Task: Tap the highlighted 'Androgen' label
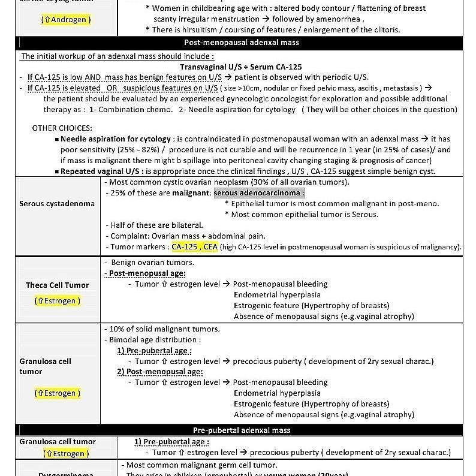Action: pos(67,20)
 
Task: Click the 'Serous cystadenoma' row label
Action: pos(57,203)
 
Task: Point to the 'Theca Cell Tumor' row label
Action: pos(57,285)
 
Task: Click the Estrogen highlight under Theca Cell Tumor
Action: pos(58,301)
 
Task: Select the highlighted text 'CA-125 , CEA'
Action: pos(194,246)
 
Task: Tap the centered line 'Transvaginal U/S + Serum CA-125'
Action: pos(240,67)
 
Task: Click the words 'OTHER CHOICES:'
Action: pos(62,128)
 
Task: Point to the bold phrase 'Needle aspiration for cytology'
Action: pos(116,139)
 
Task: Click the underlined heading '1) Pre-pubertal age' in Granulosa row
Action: pos(154,350)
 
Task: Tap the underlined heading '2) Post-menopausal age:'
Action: pos(159,372)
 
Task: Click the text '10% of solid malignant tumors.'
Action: pos(164,329)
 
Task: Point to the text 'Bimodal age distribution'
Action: pos(155,339)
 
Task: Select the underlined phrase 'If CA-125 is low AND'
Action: pos(64,77)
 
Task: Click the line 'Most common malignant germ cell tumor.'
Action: pos(201,465)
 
